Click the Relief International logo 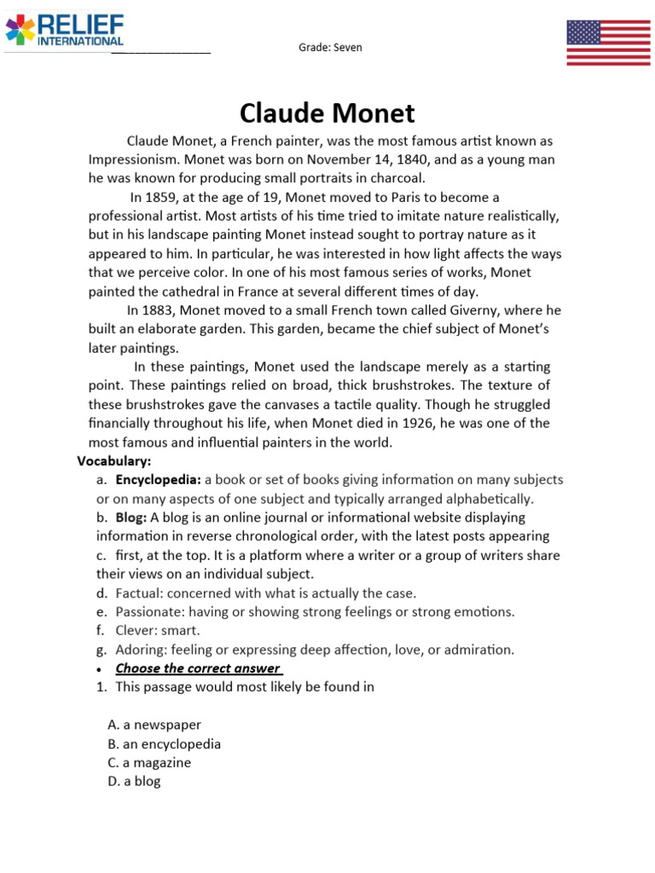tap(65, 30)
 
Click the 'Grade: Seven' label tap(330, 47)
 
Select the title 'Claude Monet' tap(327, 113)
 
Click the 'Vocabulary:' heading tap(113, 461)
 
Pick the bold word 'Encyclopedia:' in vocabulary tap(158, 480)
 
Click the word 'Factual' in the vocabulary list tap(138, 593)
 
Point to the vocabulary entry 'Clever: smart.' tap(158, 630)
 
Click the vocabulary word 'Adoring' tap(140, 650)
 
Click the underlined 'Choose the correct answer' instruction tap(198, 668)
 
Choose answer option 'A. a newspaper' tap(154, 725)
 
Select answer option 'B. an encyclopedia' tap(164, 743)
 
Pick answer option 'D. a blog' tap(134, 781)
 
